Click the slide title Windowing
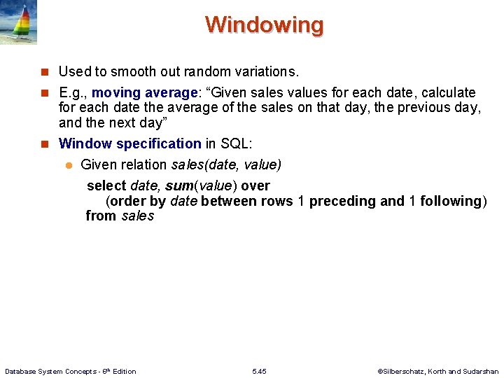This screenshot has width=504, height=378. coord(265,24)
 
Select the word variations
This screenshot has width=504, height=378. coord(262,71)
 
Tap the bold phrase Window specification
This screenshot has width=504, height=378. coord(130,143)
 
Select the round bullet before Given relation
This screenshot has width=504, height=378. coord(69,165)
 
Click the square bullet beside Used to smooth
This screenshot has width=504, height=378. coord(44,72)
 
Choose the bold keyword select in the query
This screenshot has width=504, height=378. coord(106,186)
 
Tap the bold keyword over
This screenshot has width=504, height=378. coord(255,186)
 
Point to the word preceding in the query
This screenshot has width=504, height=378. coord(342,202)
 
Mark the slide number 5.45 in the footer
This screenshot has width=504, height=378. coord(258,371)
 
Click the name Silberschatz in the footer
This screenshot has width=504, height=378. coord(407,371)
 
